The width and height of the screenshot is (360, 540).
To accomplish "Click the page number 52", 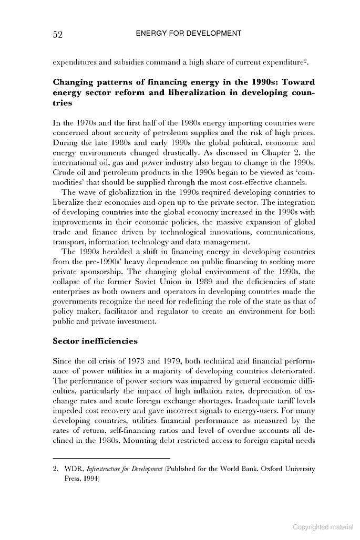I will pyautogui.click(x=58, y=35).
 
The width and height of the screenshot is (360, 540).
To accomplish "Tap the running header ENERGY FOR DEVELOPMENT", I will pyautogui.click(x=188, y=34).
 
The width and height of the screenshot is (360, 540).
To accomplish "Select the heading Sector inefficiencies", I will pyautogui.click(x=95, y=341).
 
